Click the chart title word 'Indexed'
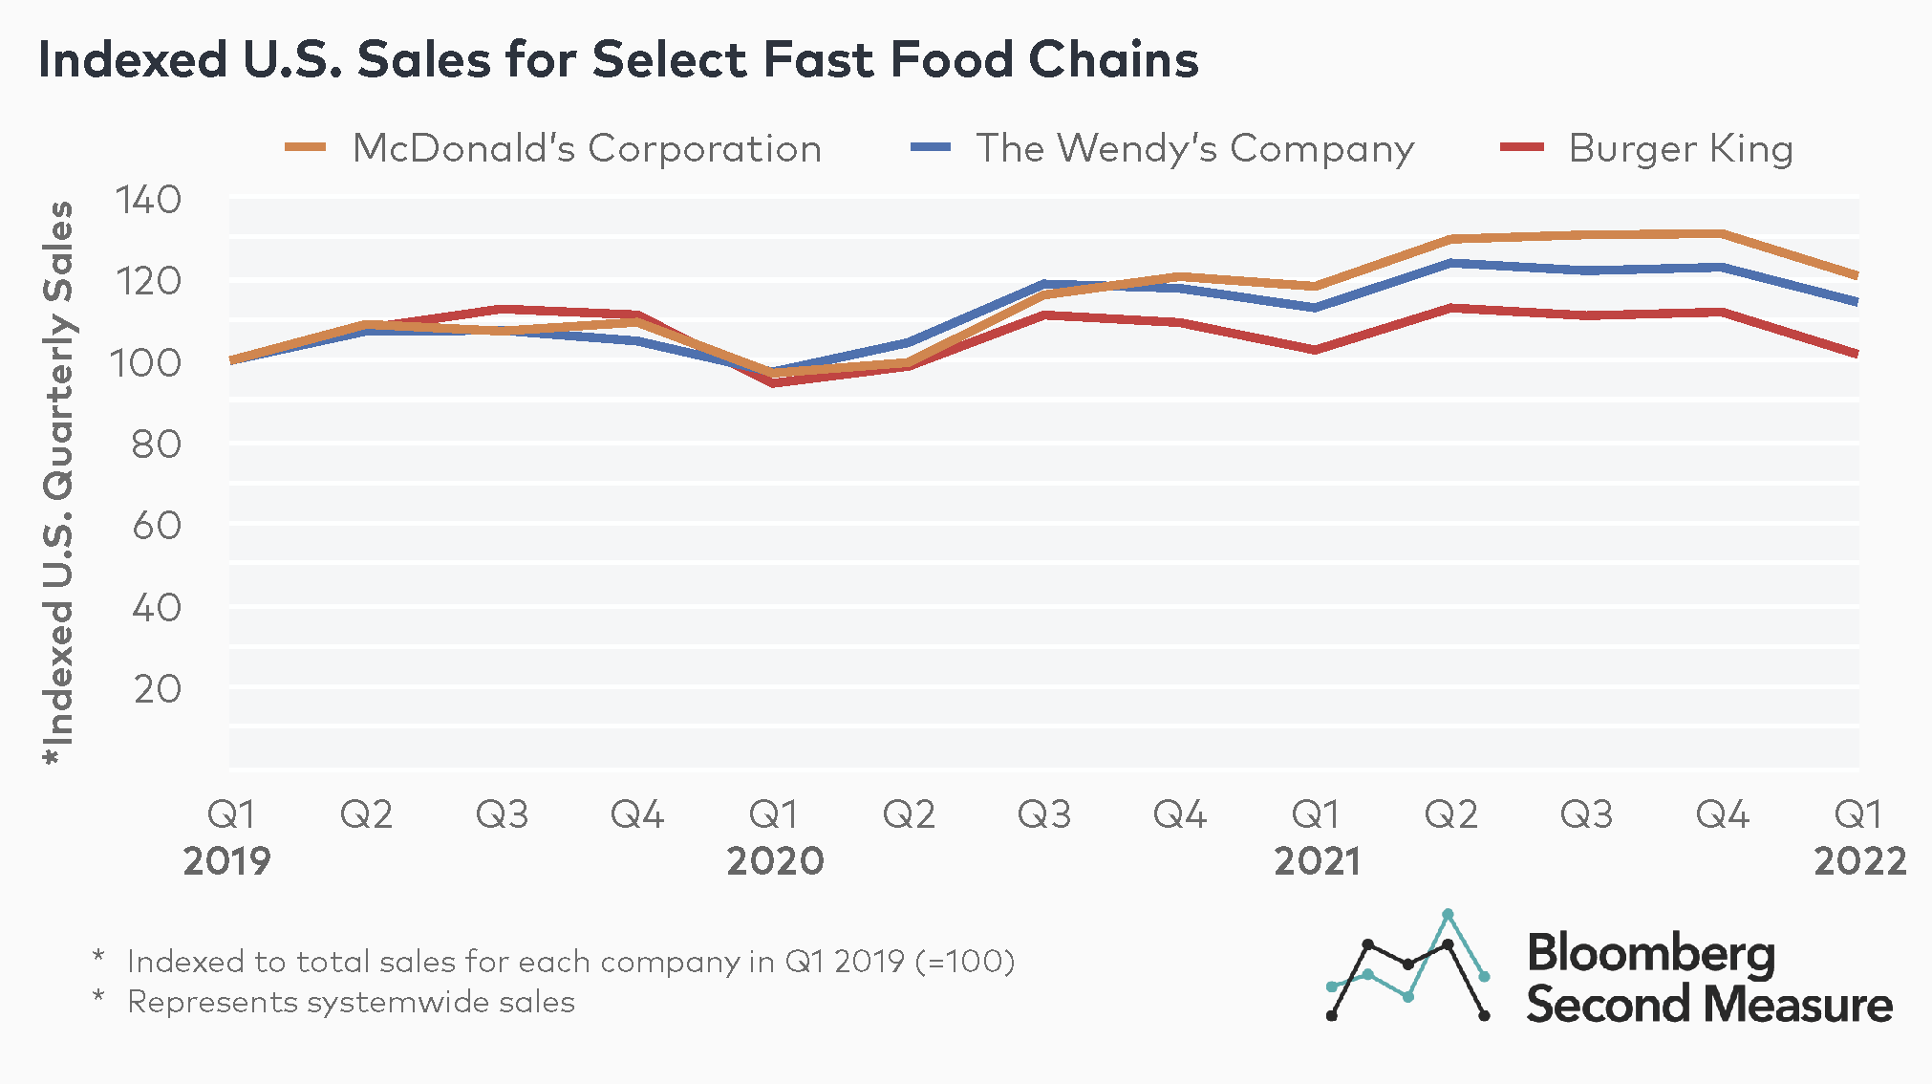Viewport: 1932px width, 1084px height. point(133,59)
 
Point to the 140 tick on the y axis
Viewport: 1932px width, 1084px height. point(147,201)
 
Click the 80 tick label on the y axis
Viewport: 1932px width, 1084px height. point(156,444)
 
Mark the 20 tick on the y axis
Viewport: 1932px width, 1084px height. point(157,688)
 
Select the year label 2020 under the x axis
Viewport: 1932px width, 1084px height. point(775,861)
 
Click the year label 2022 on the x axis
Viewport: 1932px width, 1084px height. point(1859,861)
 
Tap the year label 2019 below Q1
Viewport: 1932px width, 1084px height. point(227,861)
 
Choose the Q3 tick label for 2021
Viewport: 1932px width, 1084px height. point(1586,814)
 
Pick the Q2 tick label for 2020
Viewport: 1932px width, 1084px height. point(909,814)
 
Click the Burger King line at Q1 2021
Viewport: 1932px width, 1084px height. point(1316,350)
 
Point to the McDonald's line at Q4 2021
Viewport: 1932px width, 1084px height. point(1722,233)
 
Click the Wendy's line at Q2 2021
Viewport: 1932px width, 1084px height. point(1451,262)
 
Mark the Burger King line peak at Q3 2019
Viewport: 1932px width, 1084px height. point(502,309)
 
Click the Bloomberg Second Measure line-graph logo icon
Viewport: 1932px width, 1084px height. point(1407,965)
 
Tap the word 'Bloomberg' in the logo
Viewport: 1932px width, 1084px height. point(1650,953)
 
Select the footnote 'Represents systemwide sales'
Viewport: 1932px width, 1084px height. point(351,1002)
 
